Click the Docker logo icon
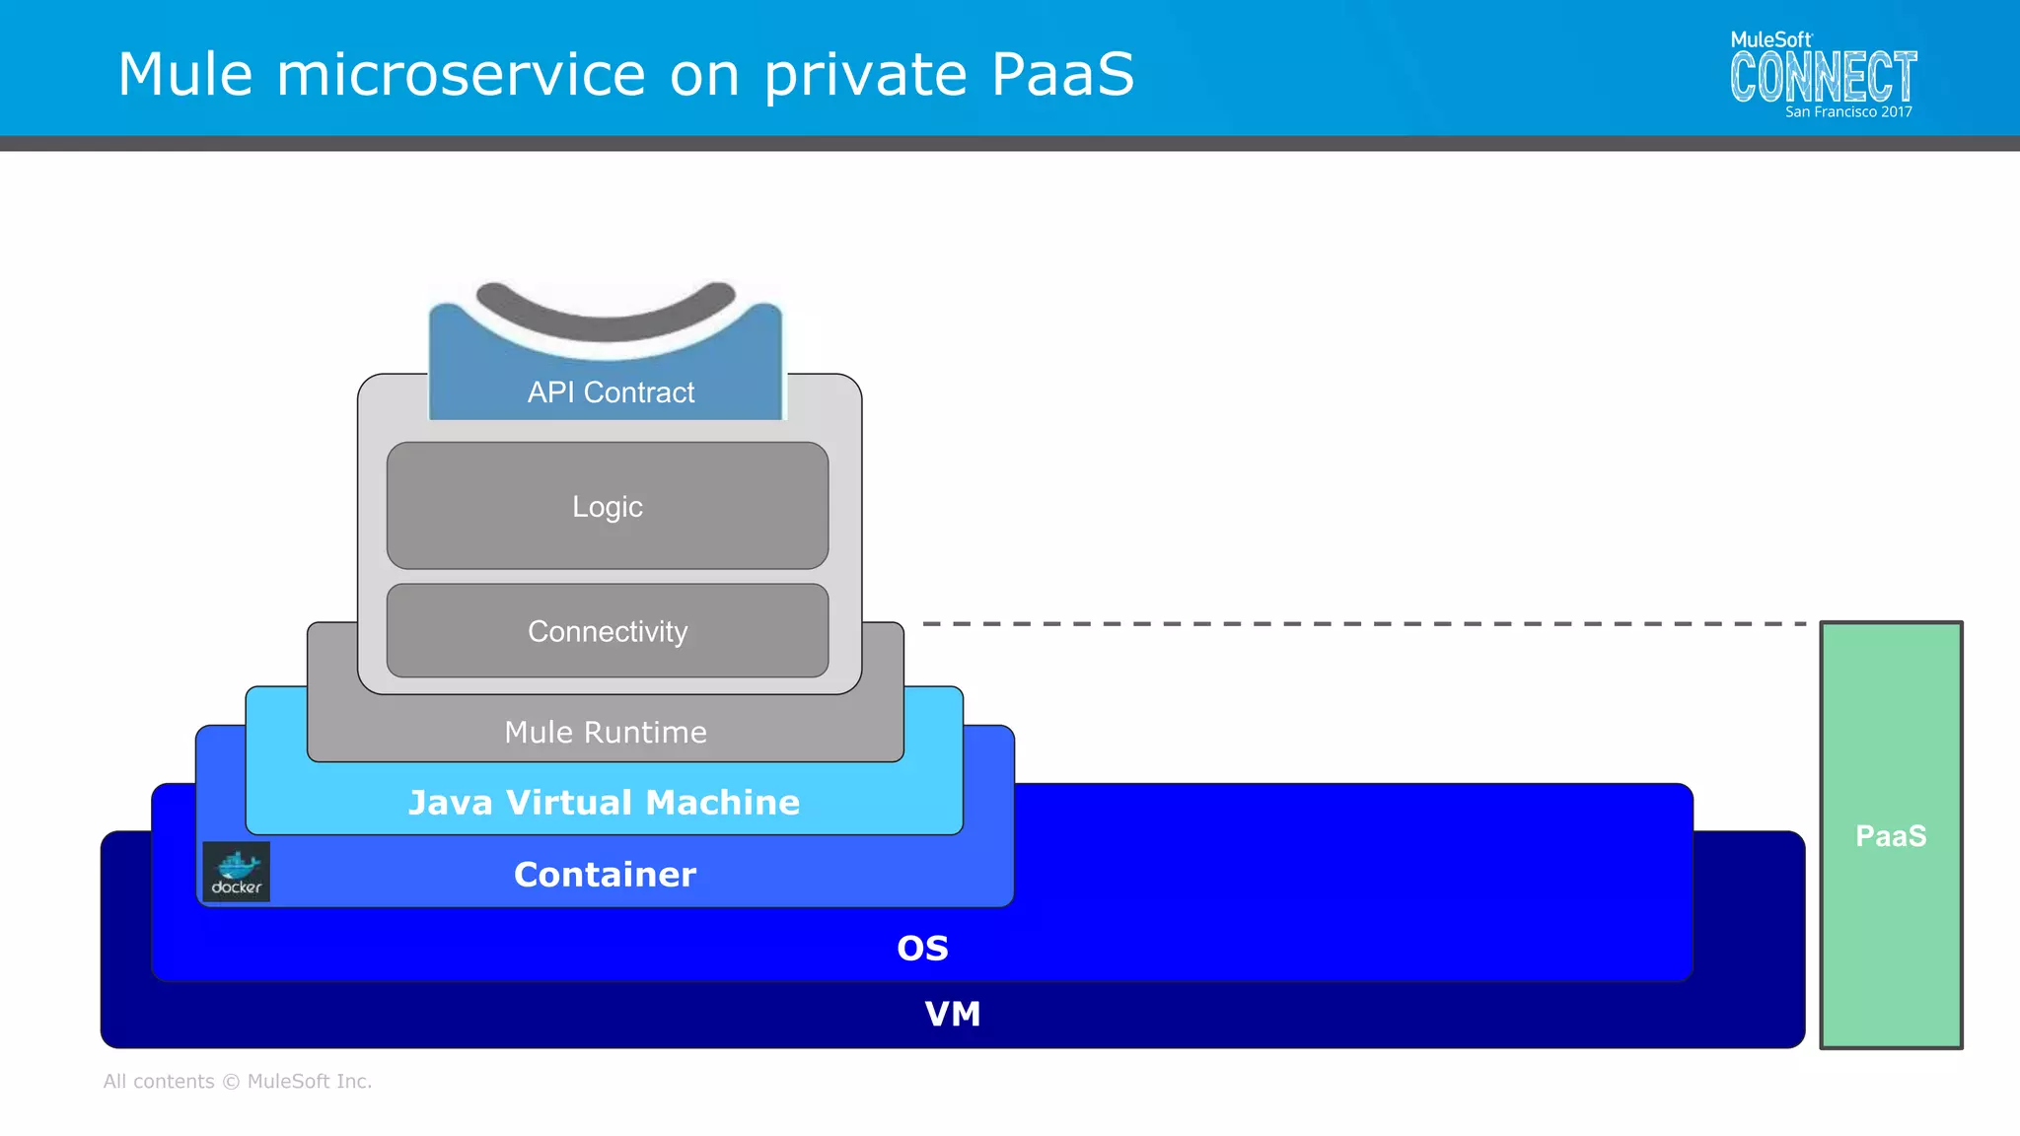tap(236, 871)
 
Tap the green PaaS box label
tap(1891, 836)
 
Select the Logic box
tap(608, 506)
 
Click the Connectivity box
tap(608, 631)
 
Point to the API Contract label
tap(611, 392)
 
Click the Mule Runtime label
tap(606, 732)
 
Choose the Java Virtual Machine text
tap(604, 803)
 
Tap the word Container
tap(605, 875)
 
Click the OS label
tap(922, 949)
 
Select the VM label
tap(952, 1014)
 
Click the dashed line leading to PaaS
tap(1361, 624)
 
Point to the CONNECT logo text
tap(1823, 78)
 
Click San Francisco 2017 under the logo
tap(1848, 112)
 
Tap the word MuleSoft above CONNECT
tap(1770, 39)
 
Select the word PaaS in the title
tap(1062, 74)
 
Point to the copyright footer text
tap(238, 1082)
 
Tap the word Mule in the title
tap(185, 74)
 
